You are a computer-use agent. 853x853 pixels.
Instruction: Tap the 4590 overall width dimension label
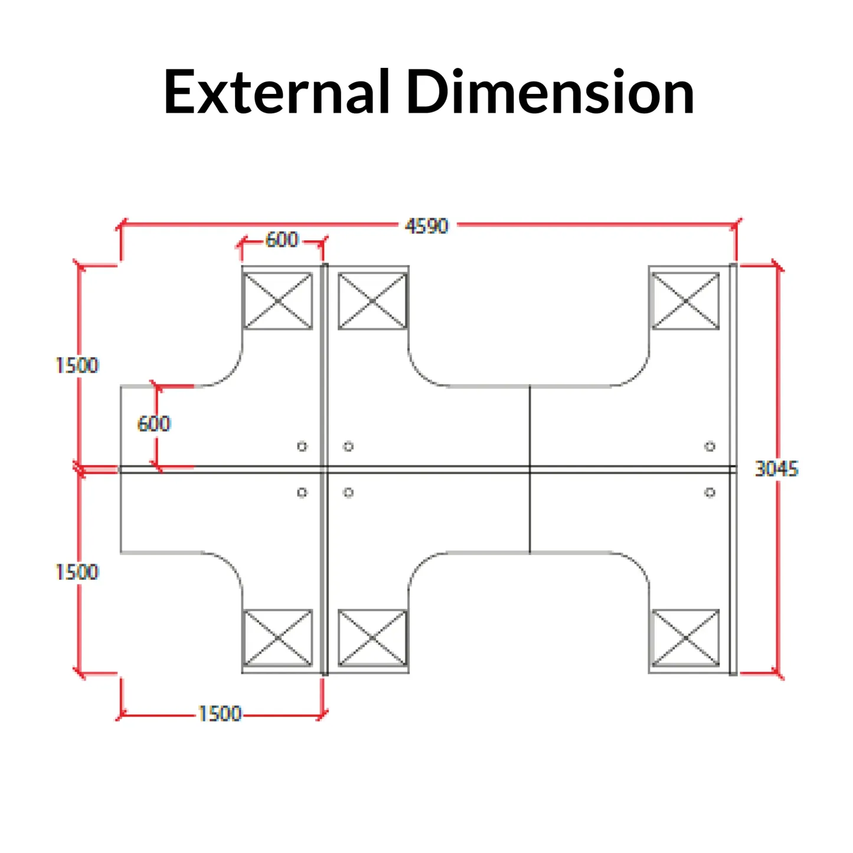(426, 225)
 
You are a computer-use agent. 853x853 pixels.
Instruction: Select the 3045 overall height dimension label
(776, 469)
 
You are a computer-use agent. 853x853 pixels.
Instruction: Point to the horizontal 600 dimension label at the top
(282, 240)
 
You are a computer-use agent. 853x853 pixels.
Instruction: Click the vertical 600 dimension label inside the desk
(153, 423)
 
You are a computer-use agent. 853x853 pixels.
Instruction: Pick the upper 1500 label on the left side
(77, 365)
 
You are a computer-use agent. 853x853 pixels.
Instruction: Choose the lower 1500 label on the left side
(77, 571)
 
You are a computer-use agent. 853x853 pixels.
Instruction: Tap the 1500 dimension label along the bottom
(220, 714)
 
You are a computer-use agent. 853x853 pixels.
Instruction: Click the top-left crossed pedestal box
(277, 301)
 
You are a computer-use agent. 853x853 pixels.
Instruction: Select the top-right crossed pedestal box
(685, 301)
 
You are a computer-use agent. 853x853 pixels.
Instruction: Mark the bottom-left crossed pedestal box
(277, 638)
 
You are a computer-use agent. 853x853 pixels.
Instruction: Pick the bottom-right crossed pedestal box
(685, 638)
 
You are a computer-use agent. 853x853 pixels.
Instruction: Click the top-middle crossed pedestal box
(372, 301)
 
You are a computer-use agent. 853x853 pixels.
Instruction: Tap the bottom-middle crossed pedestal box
(372, 638)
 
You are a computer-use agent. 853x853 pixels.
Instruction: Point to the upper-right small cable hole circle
(710, 446)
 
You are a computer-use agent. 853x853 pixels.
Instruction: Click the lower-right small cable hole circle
(710, 492)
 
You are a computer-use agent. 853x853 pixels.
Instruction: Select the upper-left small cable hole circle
(302, 446)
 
